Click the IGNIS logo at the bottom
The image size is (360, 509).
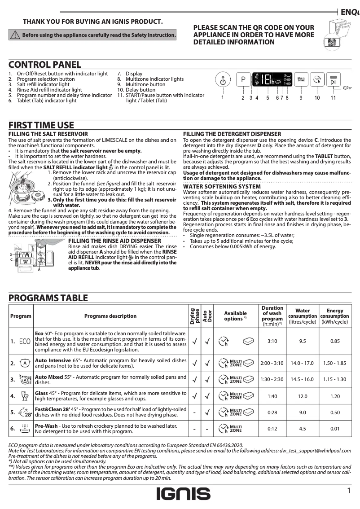183,494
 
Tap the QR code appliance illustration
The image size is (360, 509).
335,35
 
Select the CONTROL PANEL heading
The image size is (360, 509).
45,65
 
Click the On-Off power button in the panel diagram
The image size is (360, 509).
223,81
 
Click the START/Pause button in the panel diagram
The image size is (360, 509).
333,80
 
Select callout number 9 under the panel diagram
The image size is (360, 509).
301,97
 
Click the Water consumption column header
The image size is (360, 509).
303,316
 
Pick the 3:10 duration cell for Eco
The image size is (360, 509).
272,342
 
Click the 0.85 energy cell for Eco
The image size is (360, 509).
335,342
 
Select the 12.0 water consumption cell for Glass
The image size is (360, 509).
303,397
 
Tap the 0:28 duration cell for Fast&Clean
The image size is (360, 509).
272,412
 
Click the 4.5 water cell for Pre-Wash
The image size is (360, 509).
303,429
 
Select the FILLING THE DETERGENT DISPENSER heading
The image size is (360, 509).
232,134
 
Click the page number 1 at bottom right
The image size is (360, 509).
348,491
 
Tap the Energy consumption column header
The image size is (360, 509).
335,316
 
